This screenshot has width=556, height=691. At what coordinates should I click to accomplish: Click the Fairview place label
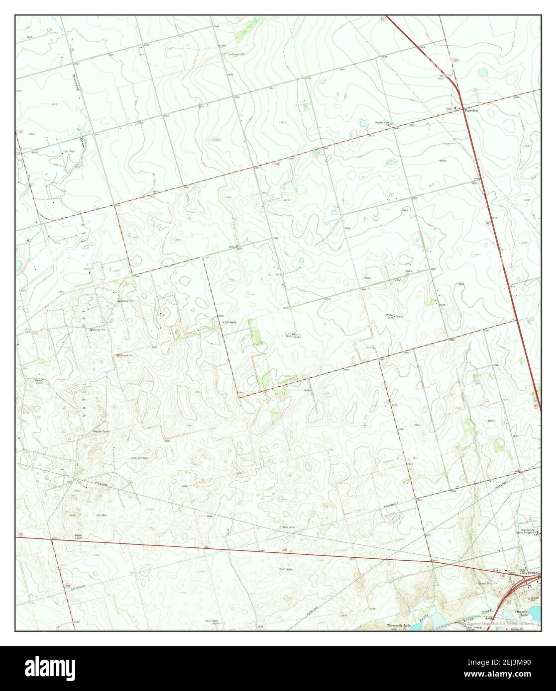[471, 110]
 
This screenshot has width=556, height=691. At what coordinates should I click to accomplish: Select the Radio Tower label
[78, 535]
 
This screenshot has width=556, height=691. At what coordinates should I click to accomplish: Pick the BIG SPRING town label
[530, 573]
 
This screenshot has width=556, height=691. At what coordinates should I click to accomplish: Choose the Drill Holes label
[286, 569]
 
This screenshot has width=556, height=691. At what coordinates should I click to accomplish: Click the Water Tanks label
[297, 336]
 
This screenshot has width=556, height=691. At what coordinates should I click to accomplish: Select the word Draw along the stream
[79, 134]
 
